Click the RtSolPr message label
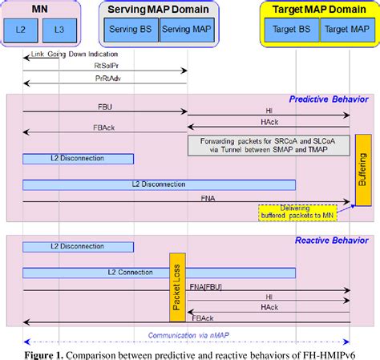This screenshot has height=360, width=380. click(x=105, y=66)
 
